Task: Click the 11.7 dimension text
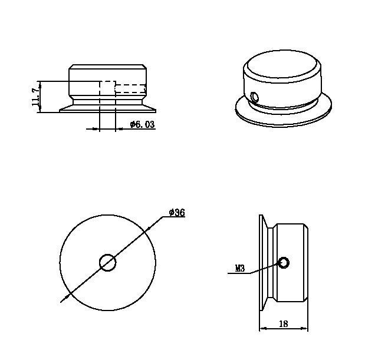click(x=35, y=97)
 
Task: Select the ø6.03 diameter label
click(x=142, y=124)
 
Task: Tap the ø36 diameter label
click(x=177, y=213)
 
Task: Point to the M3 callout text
click(x=240, y=269)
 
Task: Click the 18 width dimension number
click(x=283, y=323)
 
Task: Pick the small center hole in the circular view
click(x=108, y=263)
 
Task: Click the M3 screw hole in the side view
click(x=284, y=263)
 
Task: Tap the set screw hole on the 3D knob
click(x=254, y=97)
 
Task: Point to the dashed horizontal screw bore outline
click(x=130, y=88)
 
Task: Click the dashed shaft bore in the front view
click(x=107, y=96)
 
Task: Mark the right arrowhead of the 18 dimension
click(x=304, y=328)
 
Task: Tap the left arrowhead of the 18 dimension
click(x=263, y=328)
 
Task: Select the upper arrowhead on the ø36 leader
click(x=147, y=230)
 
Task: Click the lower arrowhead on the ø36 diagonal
click(x=67, y=296)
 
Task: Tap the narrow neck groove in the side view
click(x=271, y=263)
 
